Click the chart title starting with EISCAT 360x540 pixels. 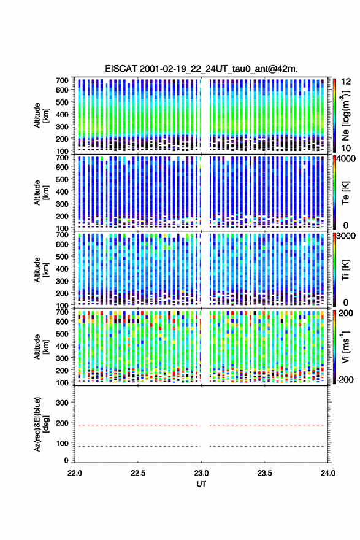pos(201,69)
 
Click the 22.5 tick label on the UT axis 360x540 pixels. pos(138,473)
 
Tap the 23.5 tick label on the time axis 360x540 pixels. pos(264,473)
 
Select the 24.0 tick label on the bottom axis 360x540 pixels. pos(328,473)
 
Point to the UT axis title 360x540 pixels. pos(201,484)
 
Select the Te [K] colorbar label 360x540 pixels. pos(345,193)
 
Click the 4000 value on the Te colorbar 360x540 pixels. pos(347,159)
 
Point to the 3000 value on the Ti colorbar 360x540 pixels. pos(347,236)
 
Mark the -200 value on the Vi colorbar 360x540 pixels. pos(345,379)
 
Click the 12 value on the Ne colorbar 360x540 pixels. pos(347,82)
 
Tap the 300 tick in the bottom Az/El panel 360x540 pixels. pos(62,403)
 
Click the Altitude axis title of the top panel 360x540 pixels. pos(41,115)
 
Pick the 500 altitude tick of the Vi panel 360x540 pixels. pos(62,334)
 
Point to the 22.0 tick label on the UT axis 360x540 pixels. pos(75,473)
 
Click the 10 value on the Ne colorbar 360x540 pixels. pos(346,148)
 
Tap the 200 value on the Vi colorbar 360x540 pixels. pos(346,313)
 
